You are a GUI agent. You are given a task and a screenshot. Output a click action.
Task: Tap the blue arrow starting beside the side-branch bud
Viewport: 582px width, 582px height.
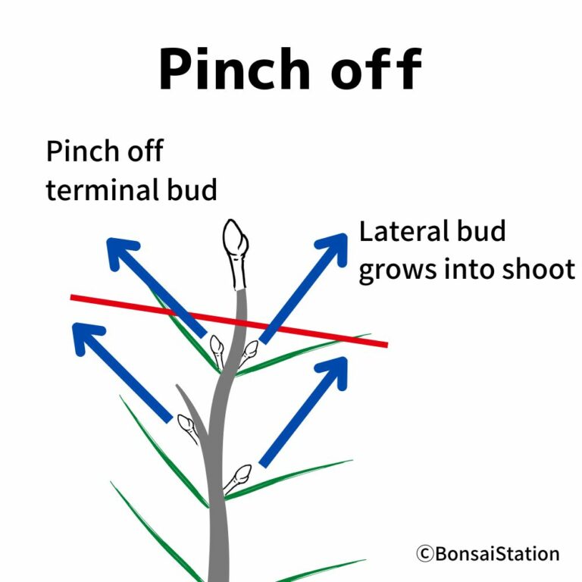pos(121,371)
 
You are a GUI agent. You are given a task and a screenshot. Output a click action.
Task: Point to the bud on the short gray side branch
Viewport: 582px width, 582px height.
pos(189,427)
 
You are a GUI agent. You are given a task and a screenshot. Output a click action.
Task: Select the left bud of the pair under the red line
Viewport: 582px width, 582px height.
pos(217,349)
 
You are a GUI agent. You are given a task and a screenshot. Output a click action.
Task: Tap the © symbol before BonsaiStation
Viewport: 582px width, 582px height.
pos(424,554)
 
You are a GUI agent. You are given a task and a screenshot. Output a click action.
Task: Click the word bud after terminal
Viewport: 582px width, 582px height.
pos(192,189)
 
